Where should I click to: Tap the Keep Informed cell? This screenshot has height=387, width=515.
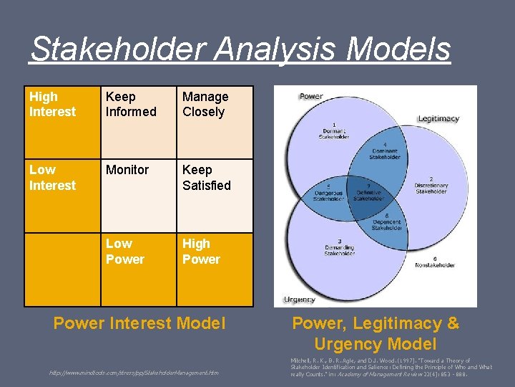coord(138,122)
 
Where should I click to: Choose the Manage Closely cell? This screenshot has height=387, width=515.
coord(215,122)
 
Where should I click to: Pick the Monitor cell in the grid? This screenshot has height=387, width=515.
coord(138,195)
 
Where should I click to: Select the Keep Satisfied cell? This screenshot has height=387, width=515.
coord(215,195)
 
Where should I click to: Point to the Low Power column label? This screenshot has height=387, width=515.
coord(138,269)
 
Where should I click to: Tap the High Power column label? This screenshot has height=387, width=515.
coord(215,269)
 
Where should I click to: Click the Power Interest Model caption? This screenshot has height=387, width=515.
coord(139,323)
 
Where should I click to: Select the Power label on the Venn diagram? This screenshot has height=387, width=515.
coord(311,96)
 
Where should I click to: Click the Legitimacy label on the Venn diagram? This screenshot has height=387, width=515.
coord(438,118)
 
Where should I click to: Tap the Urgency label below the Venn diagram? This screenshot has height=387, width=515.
coord(299,300)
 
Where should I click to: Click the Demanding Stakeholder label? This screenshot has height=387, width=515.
coord(339,249)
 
